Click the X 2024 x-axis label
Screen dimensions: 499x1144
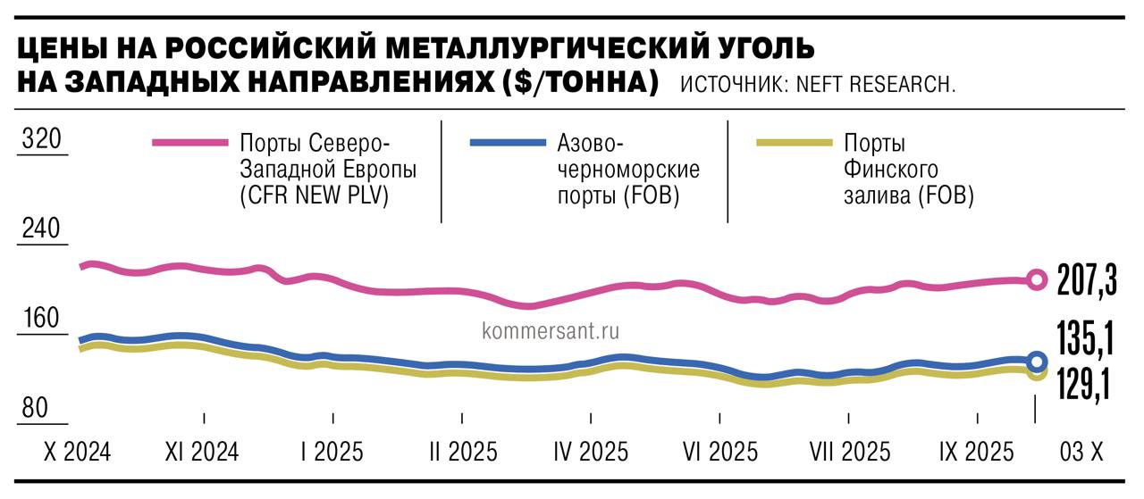pyautogui.click(x=77, y=452)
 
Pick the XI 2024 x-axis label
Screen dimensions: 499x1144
pyautogui.click(x=203, y=452)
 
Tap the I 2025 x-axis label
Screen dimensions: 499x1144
pyautogui.click(x=332, y=452)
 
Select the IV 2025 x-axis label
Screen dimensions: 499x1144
pyautogui.click(x=591, y=452)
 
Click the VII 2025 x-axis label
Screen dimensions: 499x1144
pyautogui.click(x=850, y=452)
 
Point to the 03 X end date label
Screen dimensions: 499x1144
pyautogui.click(x=1081, y=452)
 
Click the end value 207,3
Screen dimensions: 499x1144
pyautogui.click(x=1086, y=279)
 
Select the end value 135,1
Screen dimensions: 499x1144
pyautogui.click(x=1086, y=340)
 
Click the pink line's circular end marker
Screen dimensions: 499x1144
pyautogui.click(x=1036, y=280)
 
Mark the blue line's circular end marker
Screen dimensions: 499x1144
pyautogui.click(x=1037, y=362)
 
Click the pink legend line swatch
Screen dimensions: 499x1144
pyautogui.click(x=190, y=143)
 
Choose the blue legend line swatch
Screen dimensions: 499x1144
pyautogui.click(x=507, y=143)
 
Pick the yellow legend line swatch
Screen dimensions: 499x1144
pyautogui.click(x=794, y=143)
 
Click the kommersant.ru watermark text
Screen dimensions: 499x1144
pyautogui.click(x=551, y=330)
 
